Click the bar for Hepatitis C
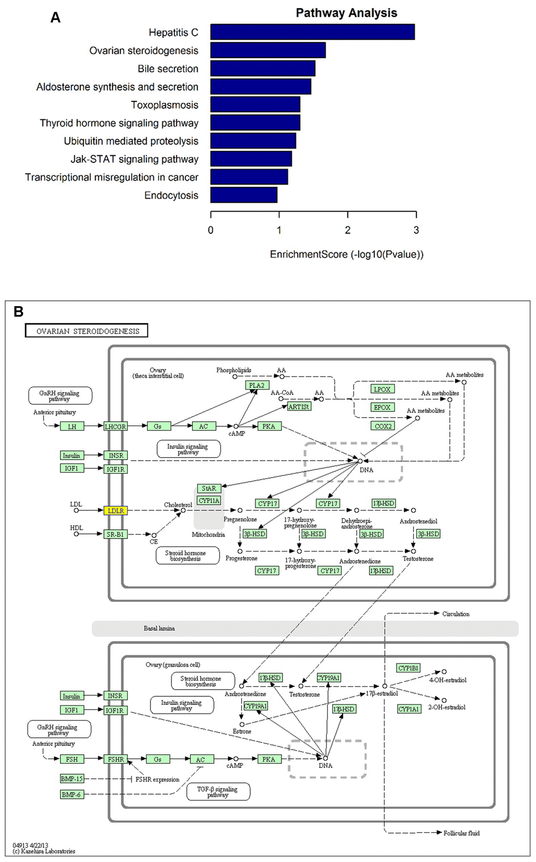tap(312, 32)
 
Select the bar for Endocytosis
tap(243, 195)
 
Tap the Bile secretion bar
tap(263, 68)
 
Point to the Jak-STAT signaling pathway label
tap(135, 159)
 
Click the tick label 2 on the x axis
tap(347, 230)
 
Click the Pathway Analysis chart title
tap(346, 13)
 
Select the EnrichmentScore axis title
tap(346, 255)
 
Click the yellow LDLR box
tap(116, 511)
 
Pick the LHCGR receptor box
tap(116, 427)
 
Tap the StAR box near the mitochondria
tap(209, 489)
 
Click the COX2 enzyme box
tap(383, 426)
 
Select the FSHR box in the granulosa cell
tap(116, 759)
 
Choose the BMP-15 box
tap(71, 779)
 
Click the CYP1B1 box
tap(408, 668)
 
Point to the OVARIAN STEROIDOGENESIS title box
tap(87, 331)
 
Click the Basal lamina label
tap(159, 628)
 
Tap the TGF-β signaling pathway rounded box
tap(218, 792)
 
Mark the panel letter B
tap(18, 312)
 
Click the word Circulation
tap(456, 614)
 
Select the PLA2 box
tap(256, 386)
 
